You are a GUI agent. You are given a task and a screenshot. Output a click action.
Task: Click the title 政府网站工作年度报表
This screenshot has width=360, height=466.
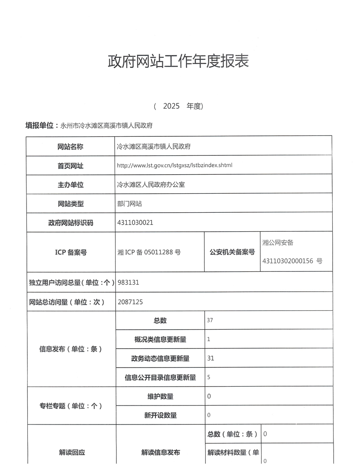(x=178, y=61)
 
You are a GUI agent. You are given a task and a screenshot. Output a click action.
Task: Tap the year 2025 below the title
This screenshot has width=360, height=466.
(x=171, y=106)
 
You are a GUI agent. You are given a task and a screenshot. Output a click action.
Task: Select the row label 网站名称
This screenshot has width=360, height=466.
(x=71, y=146)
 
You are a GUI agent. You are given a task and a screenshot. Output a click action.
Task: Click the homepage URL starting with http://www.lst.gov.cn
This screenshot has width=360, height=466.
(x=174, y=165)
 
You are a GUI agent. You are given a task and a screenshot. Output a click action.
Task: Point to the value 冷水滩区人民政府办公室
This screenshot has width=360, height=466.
(x=151, y=184)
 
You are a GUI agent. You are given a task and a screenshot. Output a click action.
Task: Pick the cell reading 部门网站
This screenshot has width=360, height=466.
(x=129, y=203)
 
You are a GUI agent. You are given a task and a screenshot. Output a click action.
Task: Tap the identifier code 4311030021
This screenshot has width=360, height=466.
(x=135, y=222)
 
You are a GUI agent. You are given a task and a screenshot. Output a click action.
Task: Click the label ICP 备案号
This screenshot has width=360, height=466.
(x=71, y=252)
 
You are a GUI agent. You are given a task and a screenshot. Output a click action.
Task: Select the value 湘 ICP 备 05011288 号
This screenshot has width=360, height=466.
(x=149, y=252)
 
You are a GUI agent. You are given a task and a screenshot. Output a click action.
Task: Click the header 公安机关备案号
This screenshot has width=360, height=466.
(x=232, y=252)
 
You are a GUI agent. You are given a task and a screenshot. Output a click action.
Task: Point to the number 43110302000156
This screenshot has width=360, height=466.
(x=288, y=261)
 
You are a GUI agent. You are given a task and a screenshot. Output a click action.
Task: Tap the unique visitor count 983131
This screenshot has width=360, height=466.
(x=129, y=282)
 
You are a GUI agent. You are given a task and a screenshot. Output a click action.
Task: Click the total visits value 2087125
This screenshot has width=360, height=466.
(x=131, y=302)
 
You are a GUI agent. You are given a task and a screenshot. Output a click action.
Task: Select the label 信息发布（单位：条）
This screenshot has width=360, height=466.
(x=71, y=349)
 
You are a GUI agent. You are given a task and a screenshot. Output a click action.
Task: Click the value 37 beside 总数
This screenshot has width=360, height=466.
(x=210, y=320)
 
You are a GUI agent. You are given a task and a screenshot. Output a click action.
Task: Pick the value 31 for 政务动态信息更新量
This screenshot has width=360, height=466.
(x=210, y=358)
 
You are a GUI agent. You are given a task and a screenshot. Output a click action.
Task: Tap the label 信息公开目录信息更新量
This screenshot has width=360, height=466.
(x=160, y=377)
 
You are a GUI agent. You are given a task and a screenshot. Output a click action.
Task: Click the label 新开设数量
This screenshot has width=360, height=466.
(x=160, y=415)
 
